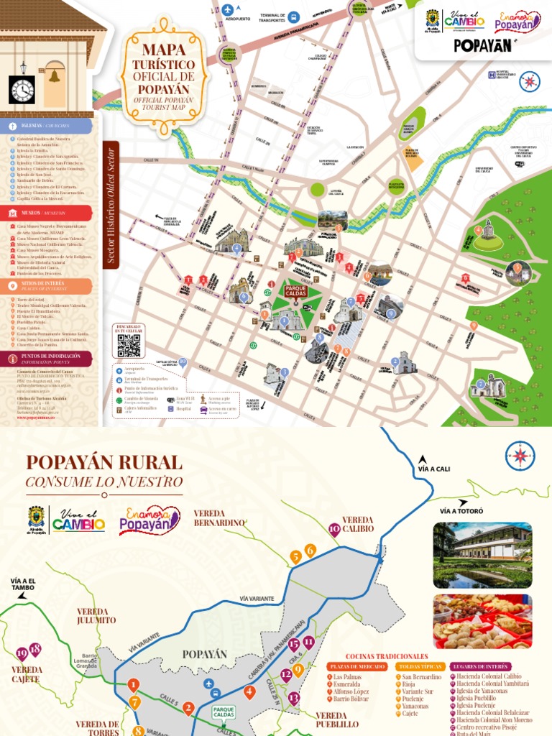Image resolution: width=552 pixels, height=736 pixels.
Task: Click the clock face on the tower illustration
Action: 22,90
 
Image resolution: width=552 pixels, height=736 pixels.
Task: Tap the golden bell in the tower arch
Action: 53,75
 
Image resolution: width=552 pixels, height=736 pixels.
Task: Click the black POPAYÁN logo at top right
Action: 482,45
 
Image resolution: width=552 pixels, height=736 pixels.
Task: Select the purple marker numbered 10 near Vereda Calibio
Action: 333,530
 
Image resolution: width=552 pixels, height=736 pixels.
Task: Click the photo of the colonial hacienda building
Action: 482,555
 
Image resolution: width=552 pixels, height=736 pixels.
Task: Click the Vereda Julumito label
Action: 96,615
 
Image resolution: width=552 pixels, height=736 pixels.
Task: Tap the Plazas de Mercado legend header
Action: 356,666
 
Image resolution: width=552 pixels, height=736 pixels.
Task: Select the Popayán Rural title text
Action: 104,462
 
